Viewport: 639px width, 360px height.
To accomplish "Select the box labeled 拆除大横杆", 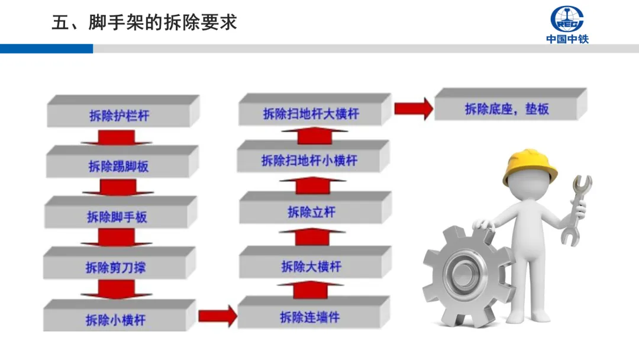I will click(312, 266).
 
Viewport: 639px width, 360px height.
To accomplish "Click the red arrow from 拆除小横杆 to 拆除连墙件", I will click(217, 316).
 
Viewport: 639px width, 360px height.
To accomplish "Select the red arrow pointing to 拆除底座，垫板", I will click(413, 108).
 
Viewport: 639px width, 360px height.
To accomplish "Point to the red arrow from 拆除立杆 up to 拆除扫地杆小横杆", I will click(312, 186).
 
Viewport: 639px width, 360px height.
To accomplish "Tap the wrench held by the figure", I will click(576, 210).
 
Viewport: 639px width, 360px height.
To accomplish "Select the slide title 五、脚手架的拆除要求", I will click(144, 22).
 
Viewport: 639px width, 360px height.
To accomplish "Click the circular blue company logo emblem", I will click(567, 19).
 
